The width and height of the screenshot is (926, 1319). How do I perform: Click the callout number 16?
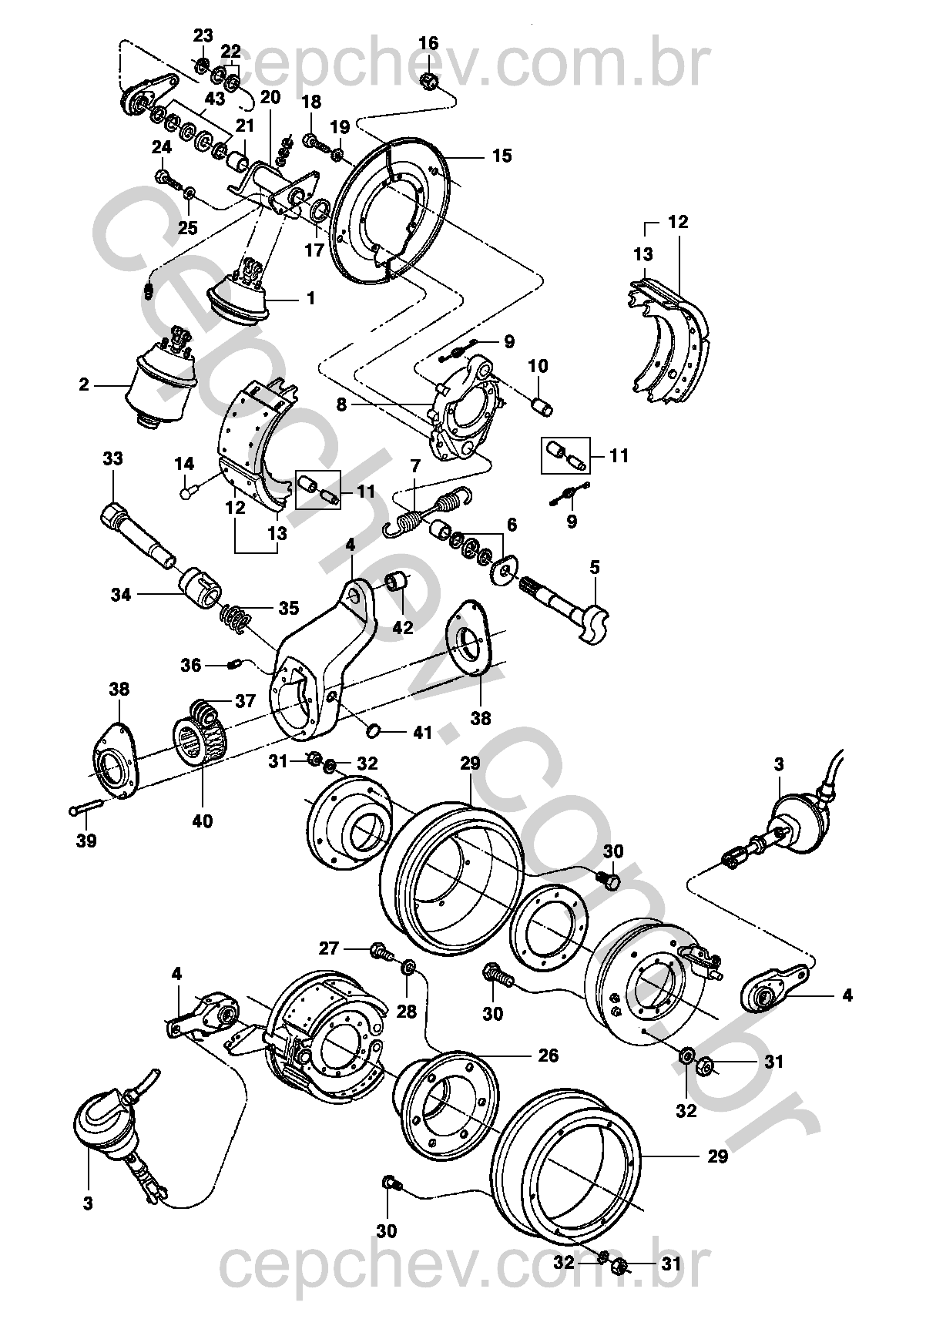coord(429,43)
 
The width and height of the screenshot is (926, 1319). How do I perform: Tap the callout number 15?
coord(502,156)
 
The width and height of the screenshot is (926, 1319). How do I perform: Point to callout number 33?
coord(112,459)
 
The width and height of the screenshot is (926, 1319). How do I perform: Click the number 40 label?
coord(203,821)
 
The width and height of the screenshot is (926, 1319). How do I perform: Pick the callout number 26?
coord(549,1055)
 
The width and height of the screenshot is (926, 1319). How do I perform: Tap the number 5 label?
coord(594,568)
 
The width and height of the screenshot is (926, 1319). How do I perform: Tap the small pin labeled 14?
coord(188,491)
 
